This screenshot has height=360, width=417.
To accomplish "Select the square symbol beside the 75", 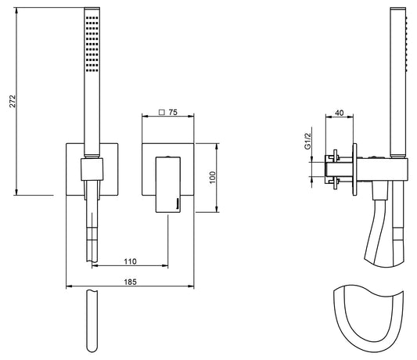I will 161,112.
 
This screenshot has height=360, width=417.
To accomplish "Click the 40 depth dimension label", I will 339,113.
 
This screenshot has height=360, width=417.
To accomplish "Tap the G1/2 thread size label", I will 309,140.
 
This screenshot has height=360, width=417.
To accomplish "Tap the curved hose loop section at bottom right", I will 365,319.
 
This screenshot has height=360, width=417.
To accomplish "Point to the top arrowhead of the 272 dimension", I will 16,11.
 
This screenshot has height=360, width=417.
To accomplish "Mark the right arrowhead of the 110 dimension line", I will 167,265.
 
